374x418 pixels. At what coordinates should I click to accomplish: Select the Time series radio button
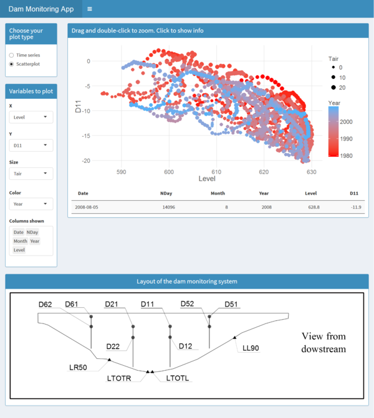point(12,55)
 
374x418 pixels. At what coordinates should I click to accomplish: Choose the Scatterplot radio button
point(12,64)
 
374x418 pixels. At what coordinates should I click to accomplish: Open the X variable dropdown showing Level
point(31,117)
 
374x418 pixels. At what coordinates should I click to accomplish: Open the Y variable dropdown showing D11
point(31,146)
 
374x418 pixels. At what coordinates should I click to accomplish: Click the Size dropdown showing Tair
point(31,174)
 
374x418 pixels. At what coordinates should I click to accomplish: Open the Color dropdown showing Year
point(31,203)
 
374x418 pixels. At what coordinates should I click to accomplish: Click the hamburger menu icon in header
point(90,9)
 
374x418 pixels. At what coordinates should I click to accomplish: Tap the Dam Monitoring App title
point(41,9)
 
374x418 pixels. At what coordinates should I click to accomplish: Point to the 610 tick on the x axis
point(216,172)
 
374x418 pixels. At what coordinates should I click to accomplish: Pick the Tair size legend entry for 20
point(349,87)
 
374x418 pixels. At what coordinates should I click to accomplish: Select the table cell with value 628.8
point(312,207)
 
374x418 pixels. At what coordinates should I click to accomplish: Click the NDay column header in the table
point(166,193)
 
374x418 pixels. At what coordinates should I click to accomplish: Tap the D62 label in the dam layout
point(45,305)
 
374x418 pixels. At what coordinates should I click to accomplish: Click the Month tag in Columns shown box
point(20,241)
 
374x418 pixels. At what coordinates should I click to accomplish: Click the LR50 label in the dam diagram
point(79,368)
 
